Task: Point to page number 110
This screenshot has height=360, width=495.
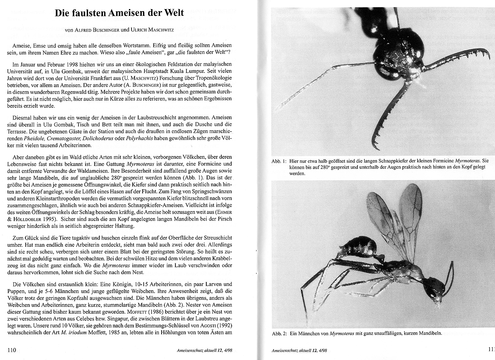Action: click(x=12, y=350)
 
